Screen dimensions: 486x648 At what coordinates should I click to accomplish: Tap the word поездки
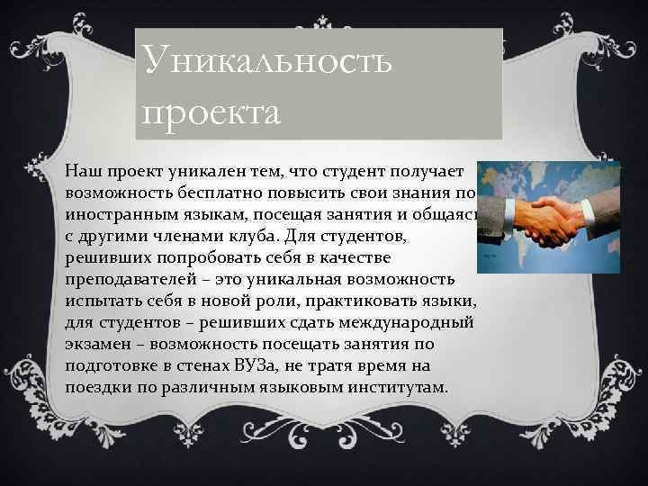(98, 388)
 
